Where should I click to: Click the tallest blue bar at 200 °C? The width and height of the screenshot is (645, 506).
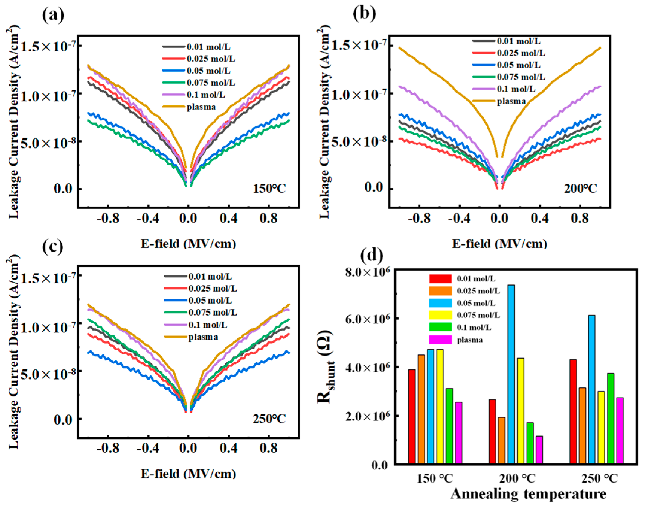(x=511, y=374)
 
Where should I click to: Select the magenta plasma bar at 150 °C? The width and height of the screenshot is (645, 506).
(x=458, y=433)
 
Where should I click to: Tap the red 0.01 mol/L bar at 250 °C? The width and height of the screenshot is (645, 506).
(x=573, y=412)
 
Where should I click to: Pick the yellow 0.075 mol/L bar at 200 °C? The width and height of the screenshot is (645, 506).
(x=520, y=411)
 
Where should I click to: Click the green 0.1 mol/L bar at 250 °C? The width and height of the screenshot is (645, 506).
(x=611, y=419)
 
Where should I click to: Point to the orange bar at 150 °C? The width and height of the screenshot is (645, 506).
(x=421, y=409)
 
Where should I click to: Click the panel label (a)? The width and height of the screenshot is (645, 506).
(x=53, y=15)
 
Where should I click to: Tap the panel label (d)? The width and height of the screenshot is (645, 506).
(x=371, y=255)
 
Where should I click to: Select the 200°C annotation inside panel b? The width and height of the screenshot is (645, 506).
(x=580, y=189)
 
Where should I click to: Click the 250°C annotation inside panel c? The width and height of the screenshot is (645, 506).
(x=269, y=419)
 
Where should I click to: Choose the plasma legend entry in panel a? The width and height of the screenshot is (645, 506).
(x=201, y=107)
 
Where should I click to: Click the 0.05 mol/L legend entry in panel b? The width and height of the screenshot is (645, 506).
(x=519, y=65)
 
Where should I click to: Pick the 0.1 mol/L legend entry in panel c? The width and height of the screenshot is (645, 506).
(x=208, y=325)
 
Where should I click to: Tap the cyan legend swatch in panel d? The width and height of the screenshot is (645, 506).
(x=440, y=303)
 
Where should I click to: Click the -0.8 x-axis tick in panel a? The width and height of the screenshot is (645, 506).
(x=108, y=219)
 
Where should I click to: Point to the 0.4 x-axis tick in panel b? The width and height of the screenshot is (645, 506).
(x=539, y=219)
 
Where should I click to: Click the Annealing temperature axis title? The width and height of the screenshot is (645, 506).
(x=528, y=493)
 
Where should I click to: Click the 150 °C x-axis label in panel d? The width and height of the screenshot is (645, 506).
(x=435, y=478)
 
